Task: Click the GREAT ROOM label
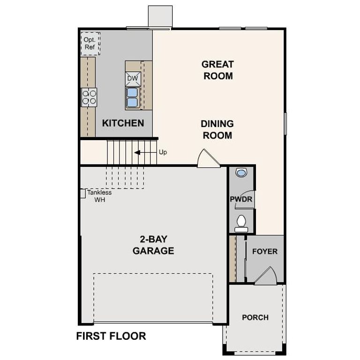(x=218, y=70)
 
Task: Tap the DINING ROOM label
(x=217, y=130)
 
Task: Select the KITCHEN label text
(x=123, y=123)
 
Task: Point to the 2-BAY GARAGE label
(x=153, y=245)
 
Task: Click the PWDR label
(x=241, y=199)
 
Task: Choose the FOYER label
(x=265, y=251)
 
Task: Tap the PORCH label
(x=255, y=317)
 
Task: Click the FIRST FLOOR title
(x=111, y=336)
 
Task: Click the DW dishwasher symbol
(x=133, y=78)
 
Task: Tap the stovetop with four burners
(x=89, y=97)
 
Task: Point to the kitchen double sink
(x=133, y=97)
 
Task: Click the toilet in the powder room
(x=241, y=222)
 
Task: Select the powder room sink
(x=241, y=173)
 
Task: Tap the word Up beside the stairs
(x=163, y=152)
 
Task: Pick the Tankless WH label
(x=99, y=196)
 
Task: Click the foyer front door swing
(x=266, y=276)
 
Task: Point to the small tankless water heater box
(x=82, y=193)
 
